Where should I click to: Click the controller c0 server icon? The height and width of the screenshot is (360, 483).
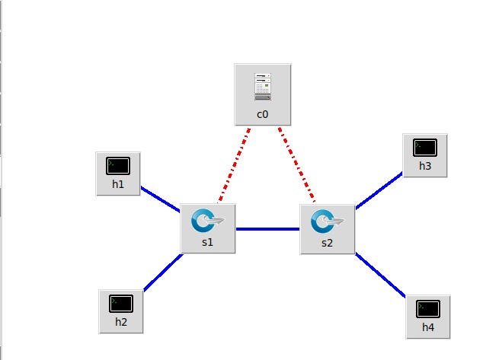point(262,87)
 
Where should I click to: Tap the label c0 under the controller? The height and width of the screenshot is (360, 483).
point(262,114)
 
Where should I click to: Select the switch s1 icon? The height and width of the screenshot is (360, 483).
point(207,221)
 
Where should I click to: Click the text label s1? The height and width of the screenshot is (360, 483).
point(207,243)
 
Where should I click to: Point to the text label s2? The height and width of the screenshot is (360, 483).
point(328,243)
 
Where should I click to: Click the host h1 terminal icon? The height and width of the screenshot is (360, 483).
point(118,164)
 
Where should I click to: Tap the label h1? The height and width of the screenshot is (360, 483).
point(118,184)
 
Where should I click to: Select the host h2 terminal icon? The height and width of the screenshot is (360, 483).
point(120,302)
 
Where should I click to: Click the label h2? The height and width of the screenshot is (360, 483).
point(120,322)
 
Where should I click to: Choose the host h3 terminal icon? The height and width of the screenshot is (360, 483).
point(425,147)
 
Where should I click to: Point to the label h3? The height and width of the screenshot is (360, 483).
point(425,167)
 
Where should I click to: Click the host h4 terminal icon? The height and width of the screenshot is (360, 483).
point(428,308)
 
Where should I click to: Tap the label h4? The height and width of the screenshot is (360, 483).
point(428,328)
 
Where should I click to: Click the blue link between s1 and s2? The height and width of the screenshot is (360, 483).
point(267,228)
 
